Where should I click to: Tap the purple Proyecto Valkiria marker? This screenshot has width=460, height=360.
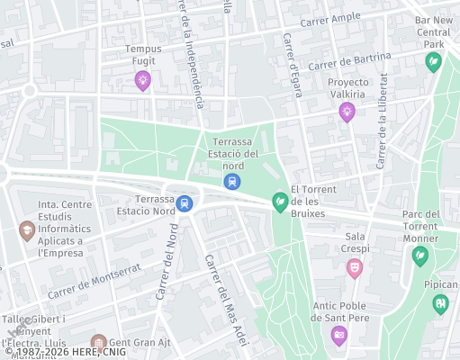[347, 112]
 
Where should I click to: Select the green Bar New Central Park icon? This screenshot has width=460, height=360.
[433, 62]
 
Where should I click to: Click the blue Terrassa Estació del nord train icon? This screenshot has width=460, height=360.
[233, 182]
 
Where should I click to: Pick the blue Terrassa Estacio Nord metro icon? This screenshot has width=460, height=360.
[185, 202]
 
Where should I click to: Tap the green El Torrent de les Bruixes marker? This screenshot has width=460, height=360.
[280, 203]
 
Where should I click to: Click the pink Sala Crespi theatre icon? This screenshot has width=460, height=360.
[355, 267]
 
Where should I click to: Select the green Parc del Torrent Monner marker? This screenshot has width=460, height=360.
[419, 256]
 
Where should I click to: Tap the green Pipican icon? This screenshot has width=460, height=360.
[439, 302]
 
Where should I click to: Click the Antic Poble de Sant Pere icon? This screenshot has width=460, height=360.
[338, 336]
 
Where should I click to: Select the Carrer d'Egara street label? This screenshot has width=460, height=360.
[291, 54]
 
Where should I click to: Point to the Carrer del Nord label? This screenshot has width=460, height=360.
[166, 269]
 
